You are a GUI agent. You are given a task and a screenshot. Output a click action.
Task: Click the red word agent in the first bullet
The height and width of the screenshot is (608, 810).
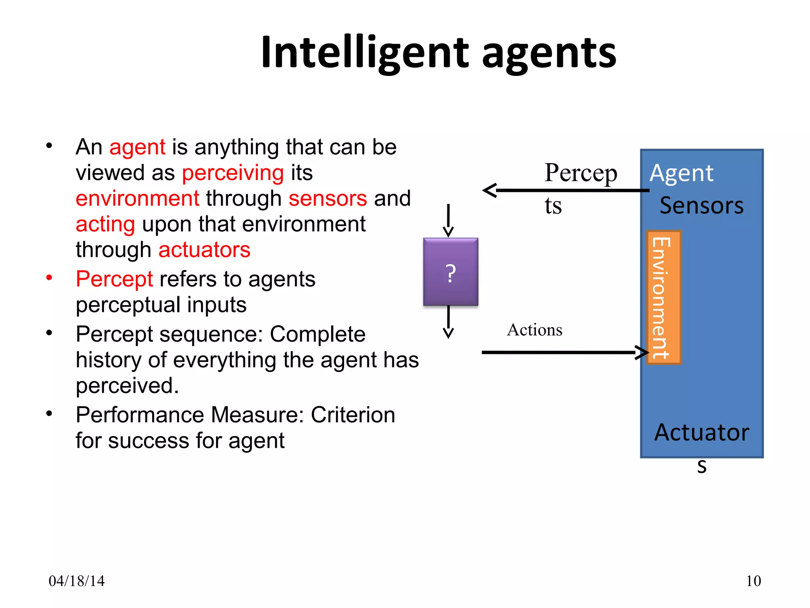(x=137, y=148)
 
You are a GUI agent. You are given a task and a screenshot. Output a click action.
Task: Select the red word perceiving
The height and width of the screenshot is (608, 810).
(x=233, y=173)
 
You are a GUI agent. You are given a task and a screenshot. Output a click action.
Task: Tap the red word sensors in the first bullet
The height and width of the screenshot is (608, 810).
(x=327, y=198)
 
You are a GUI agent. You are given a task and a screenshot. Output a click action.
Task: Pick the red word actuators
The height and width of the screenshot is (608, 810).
(x=204, y=250)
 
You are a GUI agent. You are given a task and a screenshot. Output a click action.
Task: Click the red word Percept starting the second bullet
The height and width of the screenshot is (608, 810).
(x=114, y=279)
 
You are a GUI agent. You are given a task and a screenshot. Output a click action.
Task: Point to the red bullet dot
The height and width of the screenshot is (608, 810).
(x=49, y=277)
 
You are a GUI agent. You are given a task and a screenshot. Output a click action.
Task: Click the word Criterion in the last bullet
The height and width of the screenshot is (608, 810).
(x=353, y=415)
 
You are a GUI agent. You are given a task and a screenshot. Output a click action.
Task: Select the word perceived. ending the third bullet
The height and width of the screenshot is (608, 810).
(x=127, y=386)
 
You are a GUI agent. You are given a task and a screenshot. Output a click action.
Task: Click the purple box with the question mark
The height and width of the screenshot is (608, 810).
(x=450, y=272)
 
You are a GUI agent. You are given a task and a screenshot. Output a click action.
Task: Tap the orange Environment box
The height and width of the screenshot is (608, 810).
(x=664, y=297)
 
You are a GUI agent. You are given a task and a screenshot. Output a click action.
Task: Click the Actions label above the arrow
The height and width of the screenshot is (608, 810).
(x=534, y=330)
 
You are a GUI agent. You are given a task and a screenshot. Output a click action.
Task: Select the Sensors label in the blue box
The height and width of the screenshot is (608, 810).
(x=701, y=206)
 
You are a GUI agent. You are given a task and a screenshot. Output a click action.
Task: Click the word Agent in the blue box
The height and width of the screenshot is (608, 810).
(x=681, y=173)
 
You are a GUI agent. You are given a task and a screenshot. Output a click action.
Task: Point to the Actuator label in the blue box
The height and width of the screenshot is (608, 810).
(x=701, y=432)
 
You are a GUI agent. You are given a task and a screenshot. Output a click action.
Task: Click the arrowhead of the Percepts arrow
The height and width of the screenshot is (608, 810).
(x=490, y=190)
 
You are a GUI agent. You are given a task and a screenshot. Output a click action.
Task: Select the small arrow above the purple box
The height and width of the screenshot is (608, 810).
(x=448, y=220)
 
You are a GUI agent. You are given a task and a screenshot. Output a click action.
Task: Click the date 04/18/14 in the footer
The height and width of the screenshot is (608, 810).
(x=76, y=581)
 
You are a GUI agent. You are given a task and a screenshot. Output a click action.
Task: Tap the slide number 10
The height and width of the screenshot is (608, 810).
(x=753, y=581)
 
